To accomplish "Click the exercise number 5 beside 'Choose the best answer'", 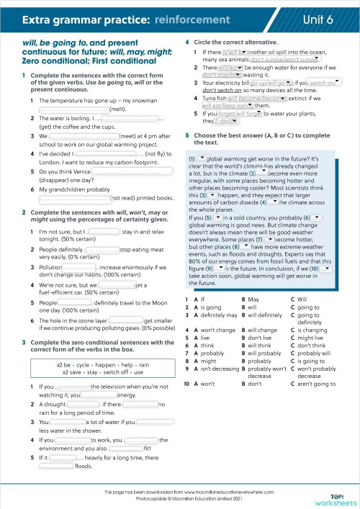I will (187, 135).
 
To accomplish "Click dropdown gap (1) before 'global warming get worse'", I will (202, 158).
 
